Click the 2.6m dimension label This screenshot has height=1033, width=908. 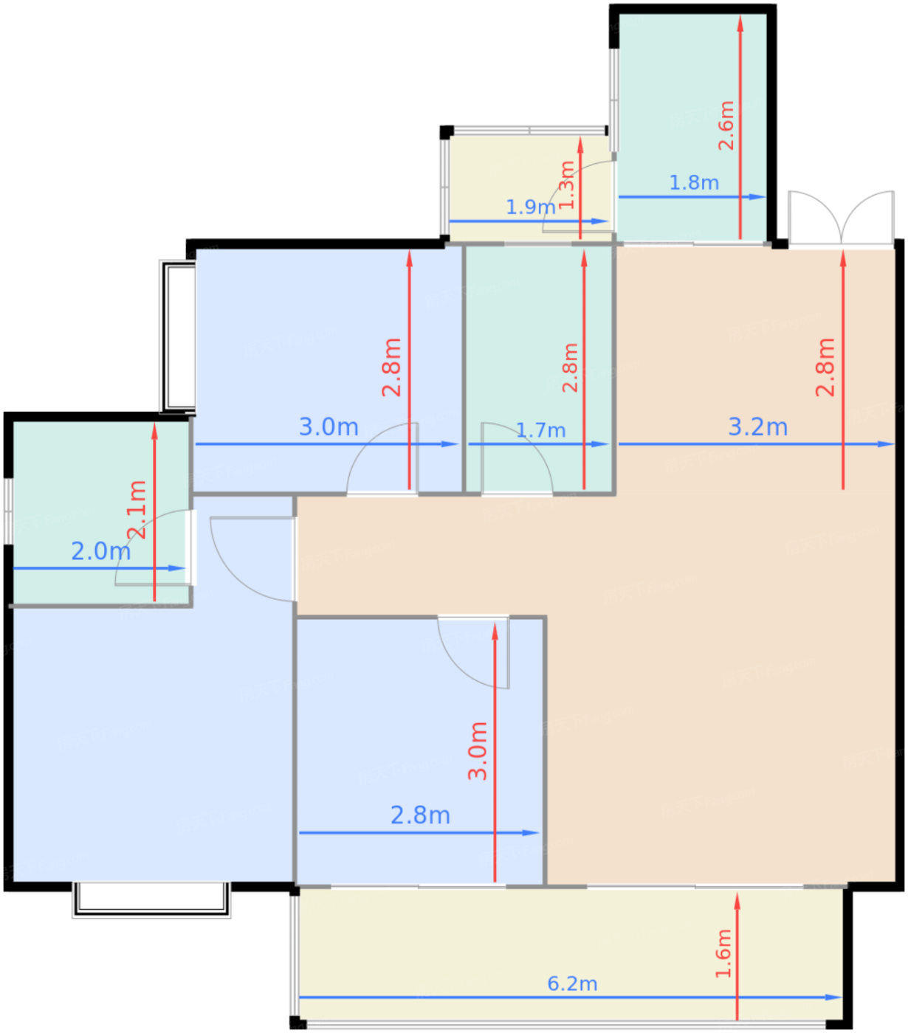(x=726, y=125)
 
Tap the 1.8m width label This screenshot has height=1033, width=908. (x=694, y=183)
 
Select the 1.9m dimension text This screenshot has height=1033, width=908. (x=530, y=207)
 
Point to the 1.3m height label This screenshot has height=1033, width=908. (x=567, y=185)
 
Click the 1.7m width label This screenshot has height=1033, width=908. (x=540, y=430)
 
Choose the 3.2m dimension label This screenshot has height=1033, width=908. (x=757, y=427)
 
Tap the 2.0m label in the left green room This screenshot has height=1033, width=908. (x=100, y=551)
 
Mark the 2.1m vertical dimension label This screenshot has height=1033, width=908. (x=137, y=510)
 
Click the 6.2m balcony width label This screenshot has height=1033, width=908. (x=572, y=984)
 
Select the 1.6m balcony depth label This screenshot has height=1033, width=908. (x=724, y=953)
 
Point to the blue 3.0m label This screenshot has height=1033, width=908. (x=329, y=426)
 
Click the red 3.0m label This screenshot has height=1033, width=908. (x=478, y=751)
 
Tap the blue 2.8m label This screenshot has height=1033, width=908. (x=420, y=815)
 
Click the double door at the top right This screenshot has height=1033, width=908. (x=842, y=218)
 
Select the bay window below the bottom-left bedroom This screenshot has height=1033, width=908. (x=151, y=899)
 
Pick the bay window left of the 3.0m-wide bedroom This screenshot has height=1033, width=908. (x=178, y=336)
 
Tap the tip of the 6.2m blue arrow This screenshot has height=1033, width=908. (x=839, y=998)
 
